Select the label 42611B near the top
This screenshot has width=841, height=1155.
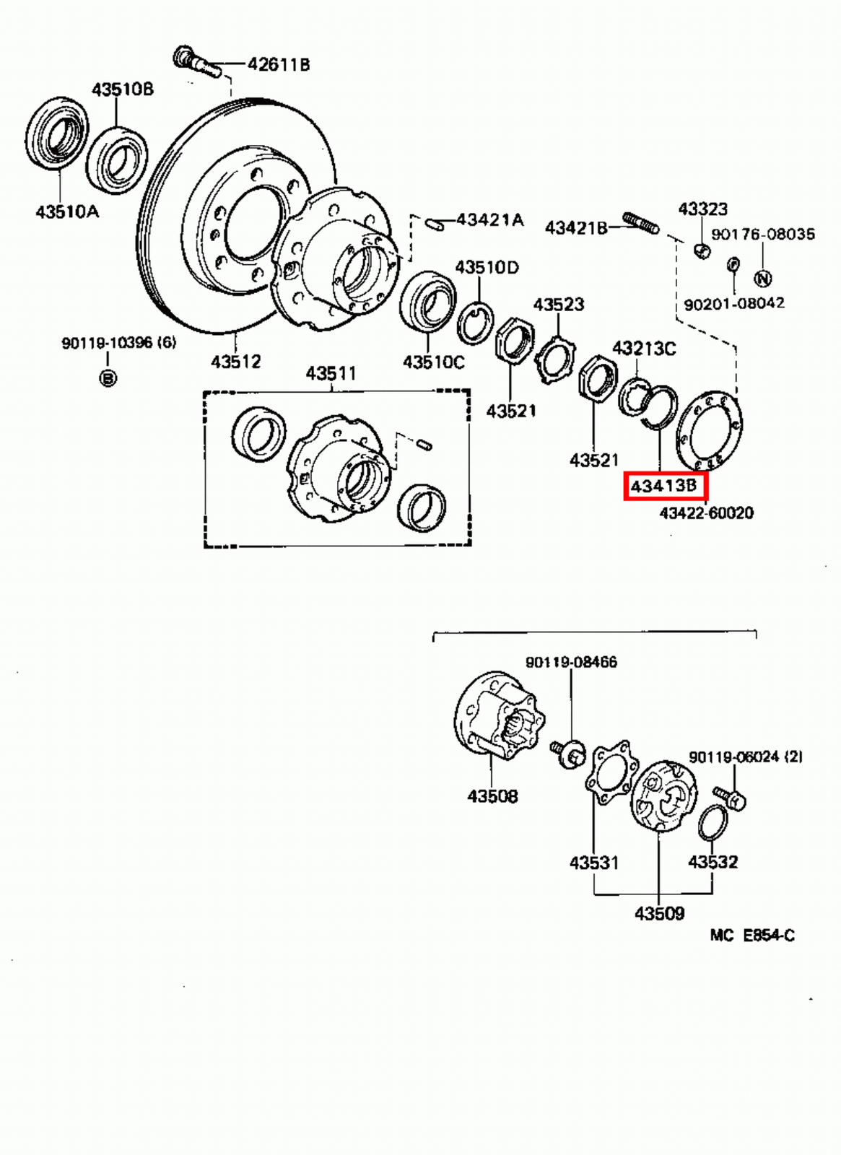pyautogui.click(x=279, y=64)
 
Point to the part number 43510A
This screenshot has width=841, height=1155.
pyautogui.click(x=67, y=212)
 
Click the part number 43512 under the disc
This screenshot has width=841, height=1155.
pyautogui.click(x=235, y=361)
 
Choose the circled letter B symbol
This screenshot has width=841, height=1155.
pyautogui.click(x=108, y=378)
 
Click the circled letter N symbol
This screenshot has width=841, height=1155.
pyautogui.click(x=763, y=279)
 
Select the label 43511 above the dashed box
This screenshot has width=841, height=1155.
pyautogui.click(x=331, y=373)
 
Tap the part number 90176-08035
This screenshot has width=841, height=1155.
pyautogui.click(x=763, y=234)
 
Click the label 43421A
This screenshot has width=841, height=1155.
pyautogui.click(x=489, y=219)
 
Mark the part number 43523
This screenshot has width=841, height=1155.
pyautogui.click(x=558, y=305)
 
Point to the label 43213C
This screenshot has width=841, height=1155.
pyautogui.click(x=644, y=349)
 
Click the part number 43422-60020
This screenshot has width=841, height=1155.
pyautogui.click(x=706, y=513)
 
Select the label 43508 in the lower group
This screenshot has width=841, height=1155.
pyautogui.click(x=492, y=796)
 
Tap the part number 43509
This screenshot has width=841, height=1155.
pyautogui.click(x=659, y=913)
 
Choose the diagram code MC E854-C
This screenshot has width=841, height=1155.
pyautogui.click(x=752, y=936)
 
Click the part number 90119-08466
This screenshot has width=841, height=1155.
pyautogui.click(x=571, y=662)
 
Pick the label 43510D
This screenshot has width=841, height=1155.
pyautogui.click(x=487, y=267)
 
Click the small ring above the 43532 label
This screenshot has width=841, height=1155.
pyautogui.click(x=713, y=823)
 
